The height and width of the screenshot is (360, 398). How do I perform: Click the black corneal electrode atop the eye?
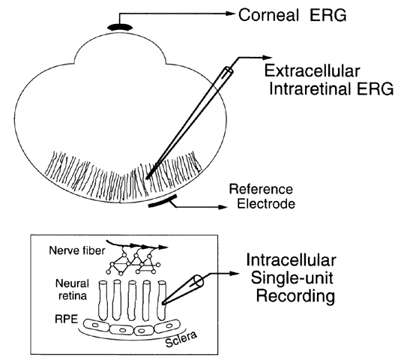coord(120,27)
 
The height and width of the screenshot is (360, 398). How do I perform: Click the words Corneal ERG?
coord(292,15)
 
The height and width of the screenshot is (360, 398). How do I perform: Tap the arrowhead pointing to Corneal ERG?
coord(229,13)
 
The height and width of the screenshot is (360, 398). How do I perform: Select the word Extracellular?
coord(313,70)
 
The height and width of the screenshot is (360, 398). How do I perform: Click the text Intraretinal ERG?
coord(331,88)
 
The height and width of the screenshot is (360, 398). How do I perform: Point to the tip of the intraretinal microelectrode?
coord(147,178)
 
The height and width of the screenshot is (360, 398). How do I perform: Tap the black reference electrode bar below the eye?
coord(163,201)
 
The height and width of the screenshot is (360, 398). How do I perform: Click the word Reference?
coord(261,189)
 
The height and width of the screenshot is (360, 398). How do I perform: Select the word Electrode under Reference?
coord(266,204)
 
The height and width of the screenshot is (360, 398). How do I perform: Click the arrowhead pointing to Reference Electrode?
coord(223,207)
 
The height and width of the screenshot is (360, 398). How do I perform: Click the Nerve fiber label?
coord(77,250)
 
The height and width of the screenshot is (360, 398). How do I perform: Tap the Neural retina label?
coord(73,289)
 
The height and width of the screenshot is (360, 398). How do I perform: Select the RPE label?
coord(67,319)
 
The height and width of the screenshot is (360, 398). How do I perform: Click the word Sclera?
coord(181,339)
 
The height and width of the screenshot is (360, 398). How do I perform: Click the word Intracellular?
coord(292,260)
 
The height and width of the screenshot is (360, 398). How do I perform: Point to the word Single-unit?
coord(292,277)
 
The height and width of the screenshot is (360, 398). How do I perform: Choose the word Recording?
coord(295,296)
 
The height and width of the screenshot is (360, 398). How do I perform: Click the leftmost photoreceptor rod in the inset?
coord(103,300)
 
